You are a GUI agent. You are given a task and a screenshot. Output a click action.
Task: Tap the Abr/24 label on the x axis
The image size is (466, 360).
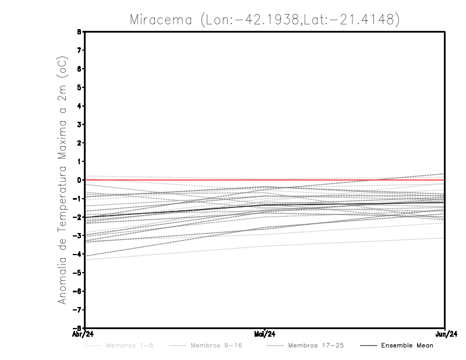[x=82, y=334]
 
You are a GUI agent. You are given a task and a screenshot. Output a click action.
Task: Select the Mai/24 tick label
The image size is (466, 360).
[x=265, y=334]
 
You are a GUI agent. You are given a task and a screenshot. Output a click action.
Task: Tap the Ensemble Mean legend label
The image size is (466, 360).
[x=407, y=345]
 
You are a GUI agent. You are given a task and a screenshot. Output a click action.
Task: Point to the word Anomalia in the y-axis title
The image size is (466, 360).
[x=62, y=276]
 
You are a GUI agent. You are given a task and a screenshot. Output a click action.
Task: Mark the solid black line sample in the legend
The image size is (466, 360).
[x=368, y=345]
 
